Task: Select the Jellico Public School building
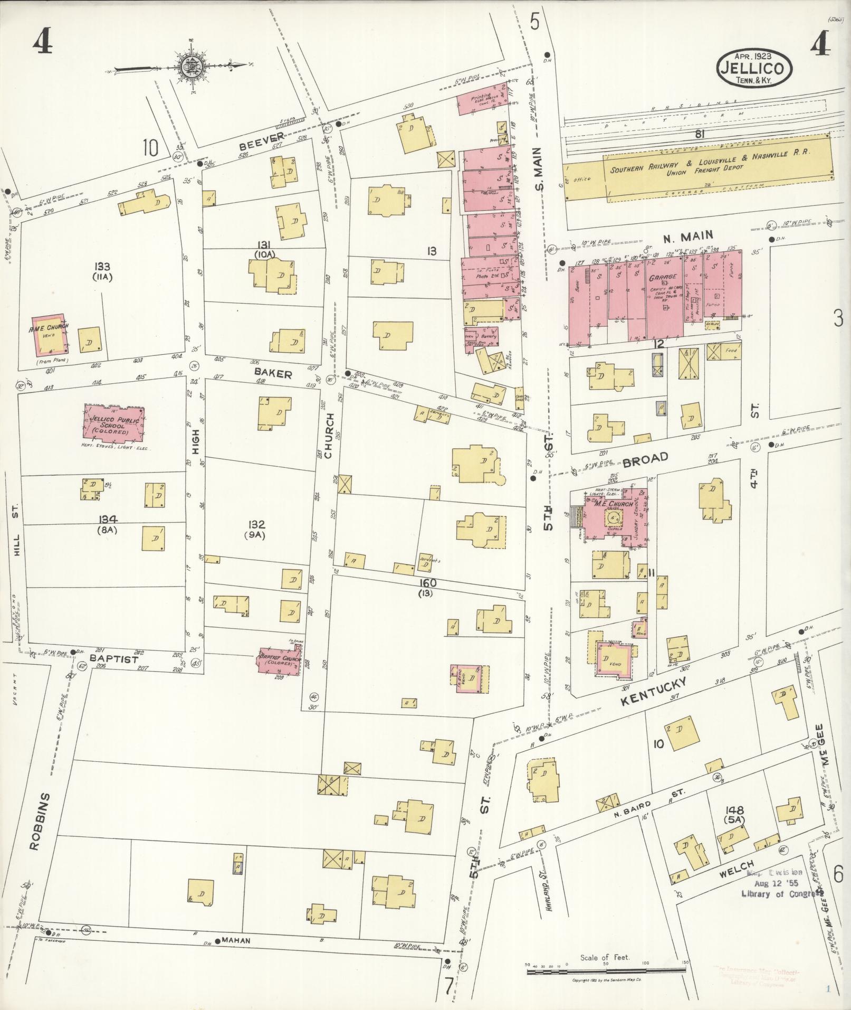pos(113,422)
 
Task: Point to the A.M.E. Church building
pos(50,334)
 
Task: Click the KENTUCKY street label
pos(654,692)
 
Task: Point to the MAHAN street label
pos(235,940)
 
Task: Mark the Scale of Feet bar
pos(605,964)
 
